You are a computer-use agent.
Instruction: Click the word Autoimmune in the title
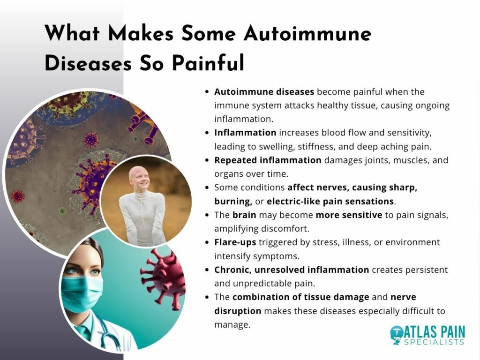click(307, 33)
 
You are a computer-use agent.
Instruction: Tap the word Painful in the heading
click(208, 63)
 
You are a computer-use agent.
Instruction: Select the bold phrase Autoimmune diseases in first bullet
click(264, 92)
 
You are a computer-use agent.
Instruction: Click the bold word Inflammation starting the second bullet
click(245, 133)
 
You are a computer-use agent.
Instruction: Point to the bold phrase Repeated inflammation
click(268, 160)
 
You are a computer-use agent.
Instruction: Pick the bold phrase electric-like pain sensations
click(330, 201)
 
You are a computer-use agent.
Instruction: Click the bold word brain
click(244, 215)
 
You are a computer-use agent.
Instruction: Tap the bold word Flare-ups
click(235, 242)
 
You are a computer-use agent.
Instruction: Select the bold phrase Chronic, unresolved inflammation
click(292, 270)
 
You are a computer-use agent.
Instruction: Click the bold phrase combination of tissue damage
click(300, 297)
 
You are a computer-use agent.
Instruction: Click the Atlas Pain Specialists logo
click(427, 335)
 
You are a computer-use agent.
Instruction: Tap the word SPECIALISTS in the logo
click(434, 342)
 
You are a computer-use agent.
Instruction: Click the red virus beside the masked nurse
click(164, 278)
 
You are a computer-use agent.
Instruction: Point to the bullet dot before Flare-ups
click(208, 242)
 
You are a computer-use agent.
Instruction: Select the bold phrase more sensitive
click(349, 215)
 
